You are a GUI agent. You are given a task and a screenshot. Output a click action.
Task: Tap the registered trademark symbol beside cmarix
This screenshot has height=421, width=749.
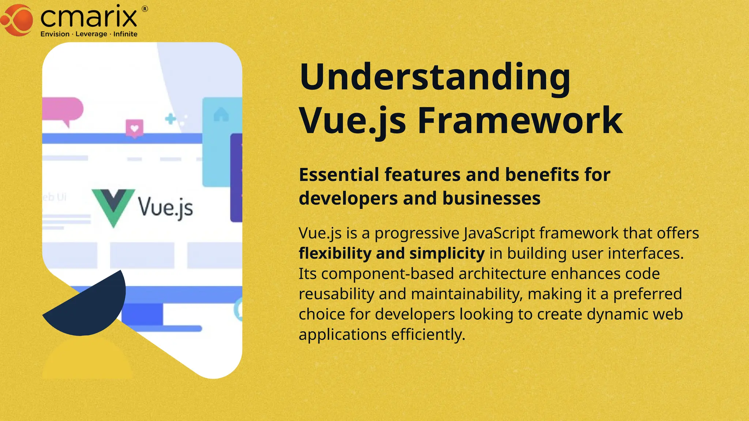(145, 9)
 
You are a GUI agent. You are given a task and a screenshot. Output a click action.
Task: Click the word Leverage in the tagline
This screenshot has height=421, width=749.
(91, 34)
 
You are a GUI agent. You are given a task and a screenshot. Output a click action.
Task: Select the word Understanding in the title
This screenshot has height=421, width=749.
(435, 77)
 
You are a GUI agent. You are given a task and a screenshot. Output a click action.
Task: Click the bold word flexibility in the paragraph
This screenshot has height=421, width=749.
(335, 253)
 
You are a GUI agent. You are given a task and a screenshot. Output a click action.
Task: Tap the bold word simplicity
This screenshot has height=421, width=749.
(447, 253)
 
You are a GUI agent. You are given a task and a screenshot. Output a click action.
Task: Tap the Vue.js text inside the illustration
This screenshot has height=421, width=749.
(165, 207)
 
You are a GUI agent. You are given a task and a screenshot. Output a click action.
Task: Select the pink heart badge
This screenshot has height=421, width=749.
(135, 128)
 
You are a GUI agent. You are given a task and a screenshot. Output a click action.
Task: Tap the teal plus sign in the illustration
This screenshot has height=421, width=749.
(170, 118)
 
